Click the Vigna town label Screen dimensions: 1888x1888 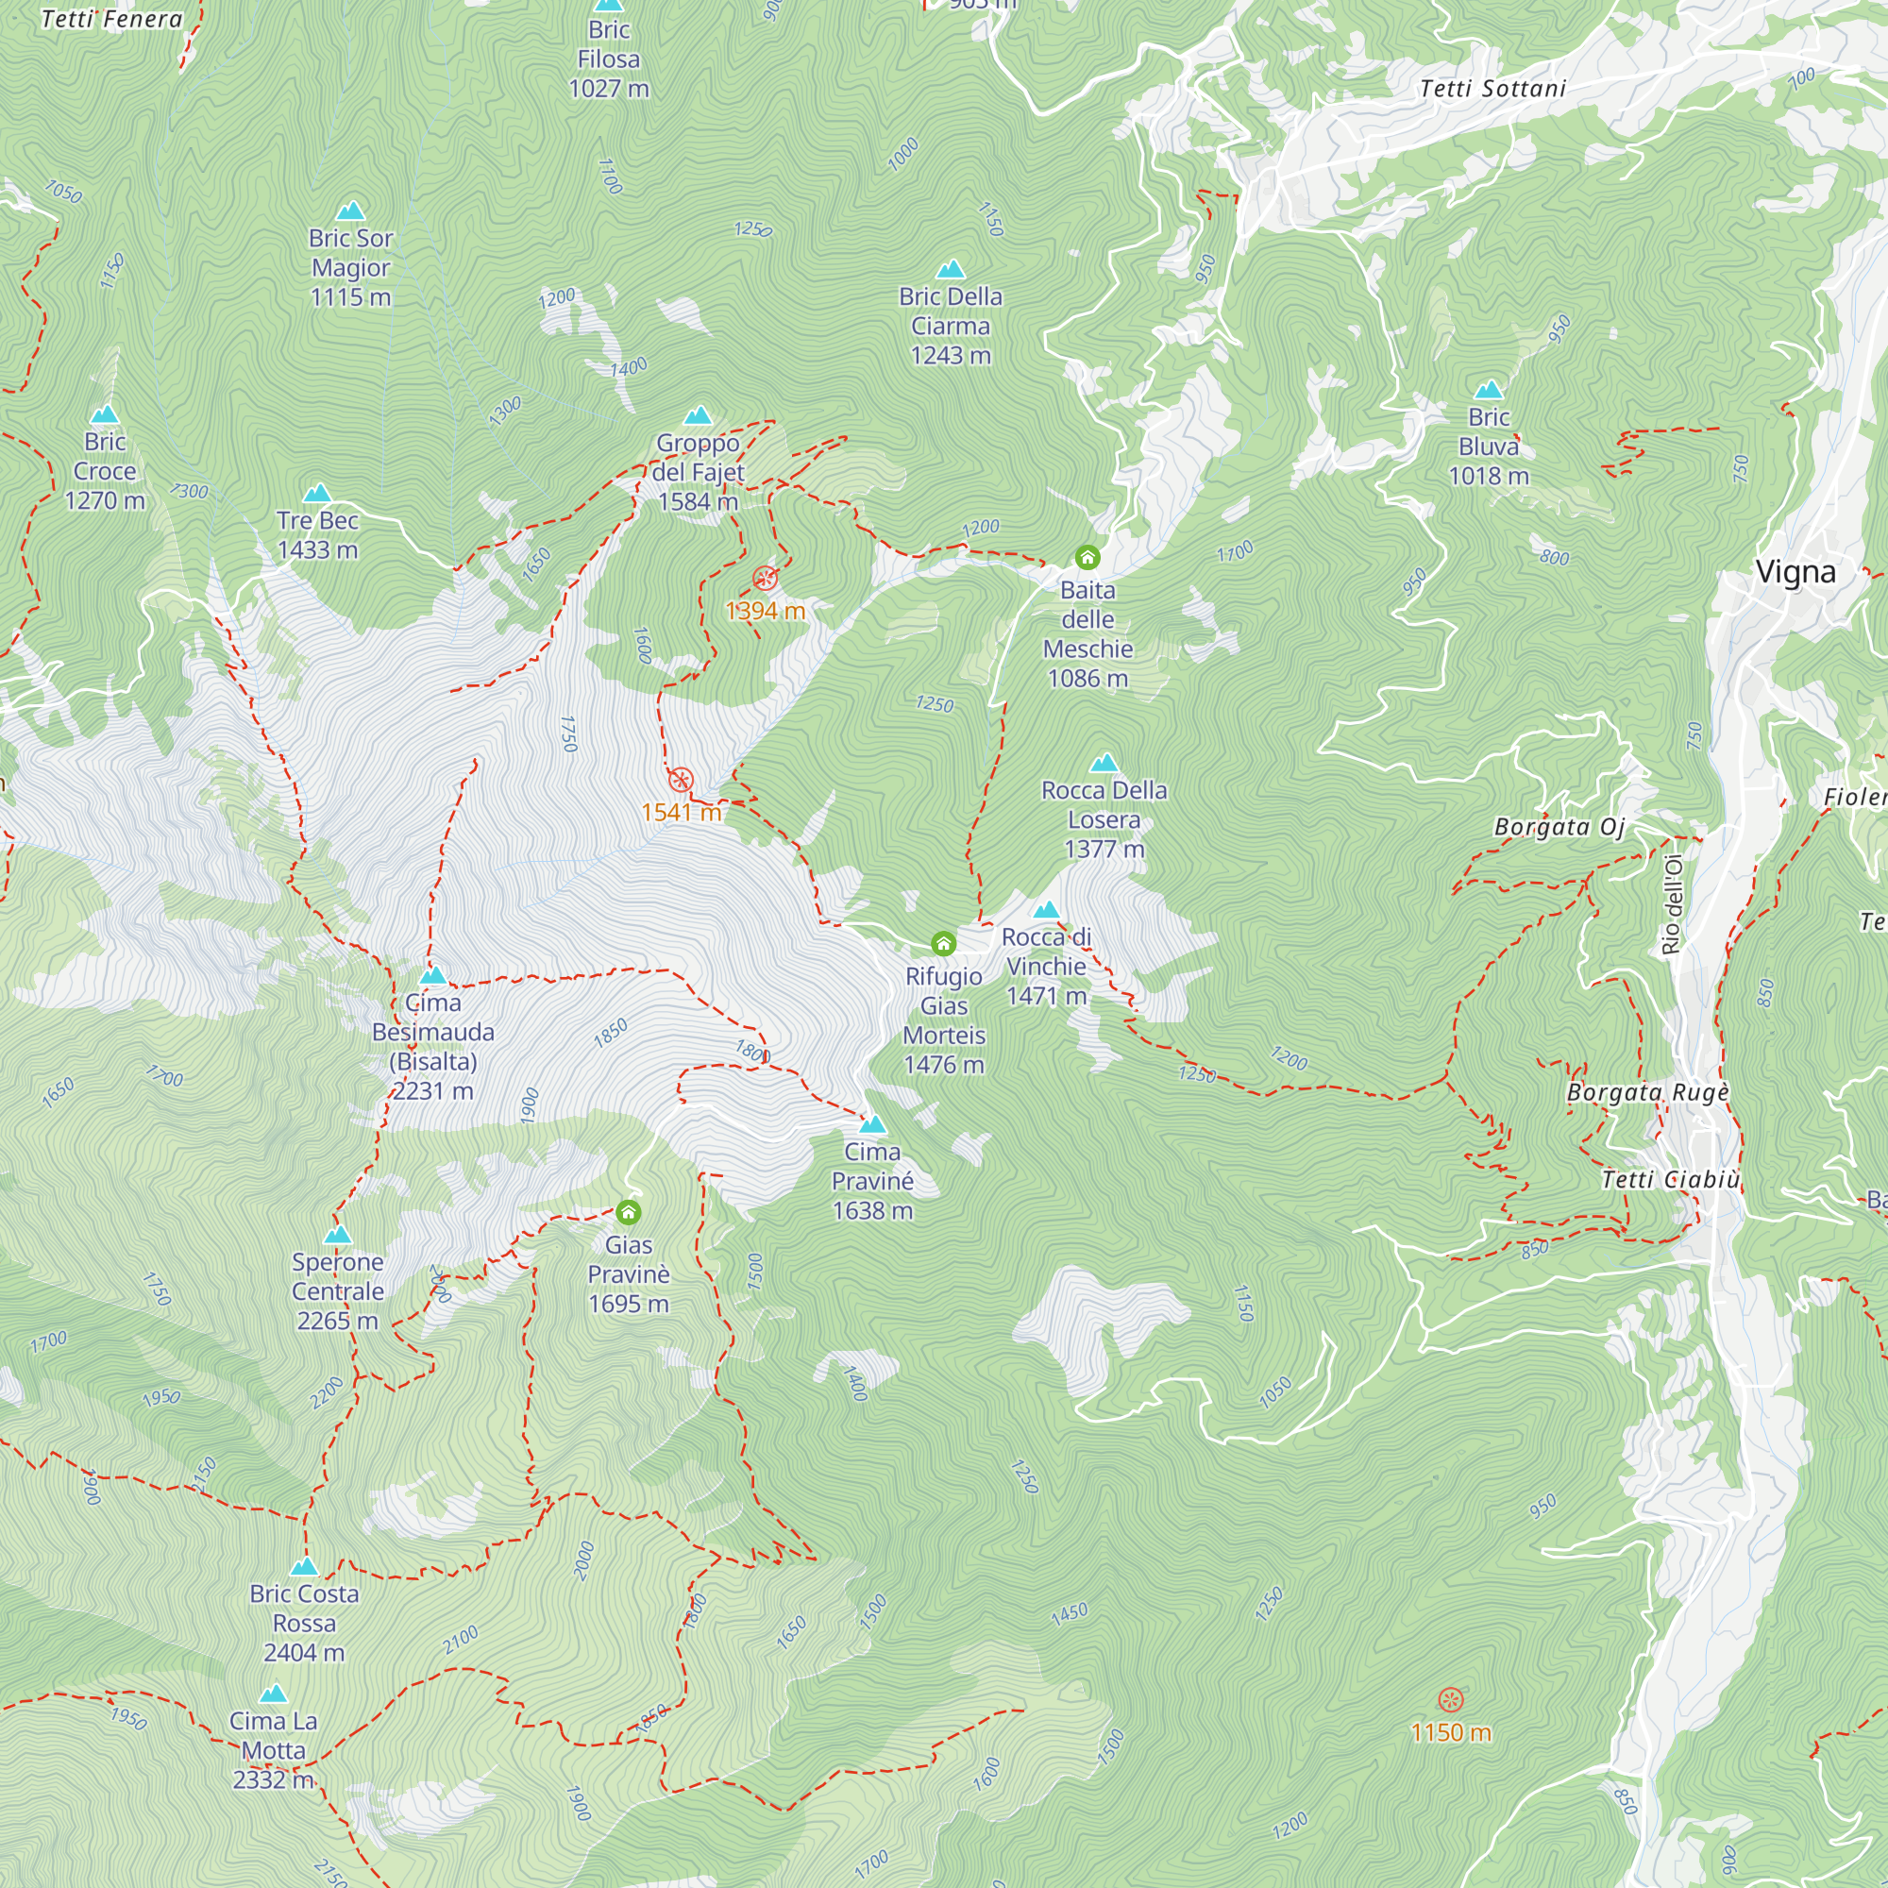coord(1795,573)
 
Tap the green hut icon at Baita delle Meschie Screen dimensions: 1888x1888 coord(1087,558)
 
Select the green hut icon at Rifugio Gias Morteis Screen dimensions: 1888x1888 coord(943,943)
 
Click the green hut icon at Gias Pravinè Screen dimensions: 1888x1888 coord(629,1213)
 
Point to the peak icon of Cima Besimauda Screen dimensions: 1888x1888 coord(433,975)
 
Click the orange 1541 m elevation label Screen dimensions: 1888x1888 coord(682,812)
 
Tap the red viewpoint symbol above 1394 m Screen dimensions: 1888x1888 coord(766,579)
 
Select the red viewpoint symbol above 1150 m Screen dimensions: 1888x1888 coord(1451,1699)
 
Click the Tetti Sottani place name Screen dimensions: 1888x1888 coord(1492,89)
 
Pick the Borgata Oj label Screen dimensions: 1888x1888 coord(1559,828)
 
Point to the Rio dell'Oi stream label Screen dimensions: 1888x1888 coord(1672,904)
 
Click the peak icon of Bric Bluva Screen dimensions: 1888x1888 coord(1489,391)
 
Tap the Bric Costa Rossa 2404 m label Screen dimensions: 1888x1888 coord(304,1622)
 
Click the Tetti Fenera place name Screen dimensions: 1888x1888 coord(111,20)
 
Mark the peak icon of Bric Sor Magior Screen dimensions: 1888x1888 coord(351,211)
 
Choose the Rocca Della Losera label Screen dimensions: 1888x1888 coord(1104,818)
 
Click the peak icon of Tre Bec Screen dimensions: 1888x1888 coord(317,494)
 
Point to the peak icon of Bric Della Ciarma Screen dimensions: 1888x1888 coord(951,270)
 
